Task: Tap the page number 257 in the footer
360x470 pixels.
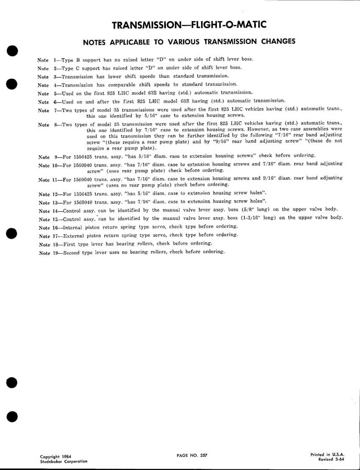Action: [x=202, y=455]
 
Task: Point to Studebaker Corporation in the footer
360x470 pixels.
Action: [x=64, y=461]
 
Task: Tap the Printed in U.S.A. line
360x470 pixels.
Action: [x=326, y=454]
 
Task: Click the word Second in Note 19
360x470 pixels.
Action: [x=72, y=252]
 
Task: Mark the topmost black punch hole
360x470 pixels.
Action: [x=12, y=50]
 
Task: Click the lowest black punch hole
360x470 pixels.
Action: [x=12, y=416]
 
